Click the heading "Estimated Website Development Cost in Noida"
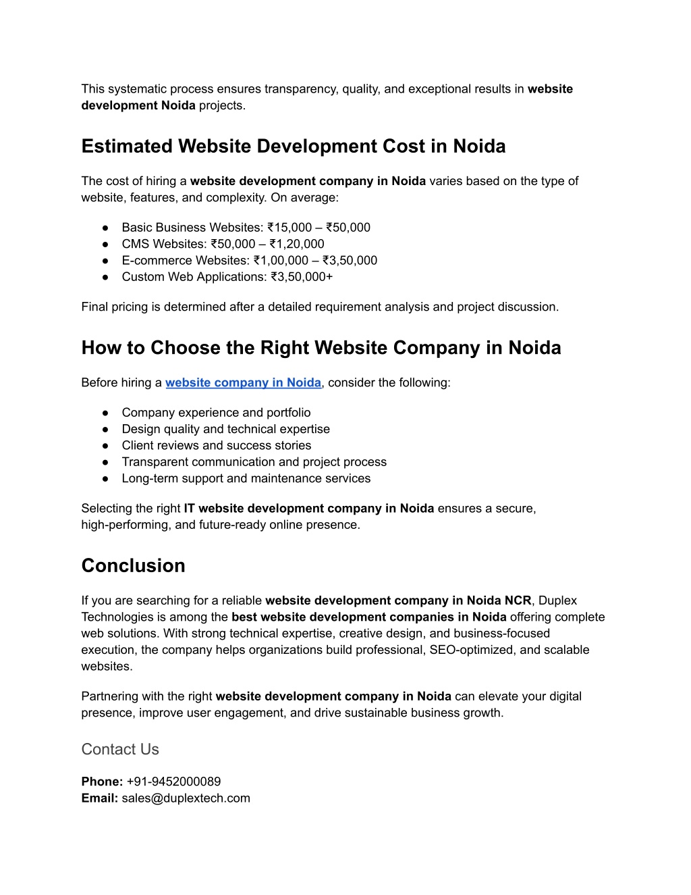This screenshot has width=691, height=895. click(294, 147)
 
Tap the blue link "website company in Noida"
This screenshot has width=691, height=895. click(243, 383)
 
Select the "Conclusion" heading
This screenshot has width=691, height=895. click(133, 566)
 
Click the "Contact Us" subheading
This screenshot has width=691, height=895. click(120, 749)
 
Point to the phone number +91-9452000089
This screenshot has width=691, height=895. click(173, 782)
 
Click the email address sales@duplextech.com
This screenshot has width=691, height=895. click(186, 798)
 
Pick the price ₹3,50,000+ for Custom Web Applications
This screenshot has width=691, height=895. click(302, 277)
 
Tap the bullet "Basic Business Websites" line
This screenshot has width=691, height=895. click(246, 228)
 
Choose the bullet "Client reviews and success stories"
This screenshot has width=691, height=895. click(216, 446)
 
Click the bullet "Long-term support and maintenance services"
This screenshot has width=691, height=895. click(246, 478)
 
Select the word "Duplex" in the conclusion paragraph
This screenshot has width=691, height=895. click(558, 600)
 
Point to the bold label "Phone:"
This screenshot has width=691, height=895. click(102, 782)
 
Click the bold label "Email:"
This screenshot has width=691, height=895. click(100, 798)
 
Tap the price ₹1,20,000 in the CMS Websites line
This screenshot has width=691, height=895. click(297, 244)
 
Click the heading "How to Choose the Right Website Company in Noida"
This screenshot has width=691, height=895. click(321, 348)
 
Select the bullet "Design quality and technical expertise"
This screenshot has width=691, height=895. click(225, 429)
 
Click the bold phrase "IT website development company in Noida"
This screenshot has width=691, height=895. click(308, 509)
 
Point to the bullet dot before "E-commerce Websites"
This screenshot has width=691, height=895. click(106, 261)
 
